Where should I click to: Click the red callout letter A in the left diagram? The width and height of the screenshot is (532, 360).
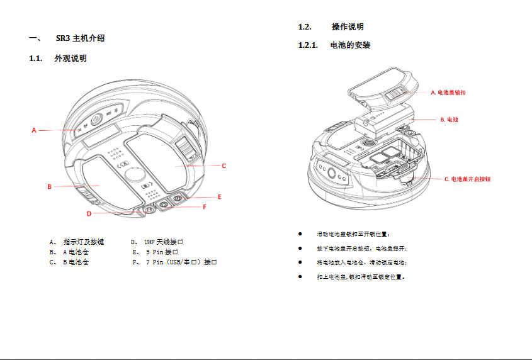tap(35, 130)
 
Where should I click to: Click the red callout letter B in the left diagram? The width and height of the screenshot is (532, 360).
tap(49, 187)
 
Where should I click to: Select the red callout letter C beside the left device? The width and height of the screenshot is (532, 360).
tap(224, 166)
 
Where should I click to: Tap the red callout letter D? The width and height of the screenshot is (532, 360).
tap(89, 213)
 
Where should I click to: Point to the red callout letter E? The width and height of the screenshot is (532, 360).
tap(219, 196)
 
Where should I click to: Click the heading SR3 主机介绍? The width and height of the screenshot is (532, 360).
tap(80, 38)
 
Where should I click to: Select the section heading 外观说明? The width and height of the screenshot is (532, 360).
tap(71, 59)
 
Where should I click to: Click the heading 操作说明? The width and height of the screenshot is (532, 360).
tap(348, 27)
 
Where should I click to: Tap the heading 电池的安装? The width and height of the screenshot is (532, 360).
tap(350, 46)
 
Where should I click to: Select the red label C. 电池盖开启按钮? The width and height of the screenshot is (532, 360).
tap(467, 179)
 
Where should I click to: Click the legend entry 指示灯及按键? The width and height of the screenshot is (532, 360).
tap(84, 242)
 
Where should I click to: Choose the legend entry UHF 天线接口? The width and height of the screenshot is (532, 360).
tap(164, 242)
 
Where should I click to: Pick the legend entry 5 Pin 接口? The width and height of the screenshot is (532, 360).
tap(162, 252)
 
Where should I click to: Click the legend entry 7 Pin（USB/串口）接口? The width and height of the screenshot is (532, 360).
tap(181, 262)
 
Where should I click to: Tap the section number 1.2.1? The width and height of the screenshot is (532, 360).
tap(308, 46)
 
